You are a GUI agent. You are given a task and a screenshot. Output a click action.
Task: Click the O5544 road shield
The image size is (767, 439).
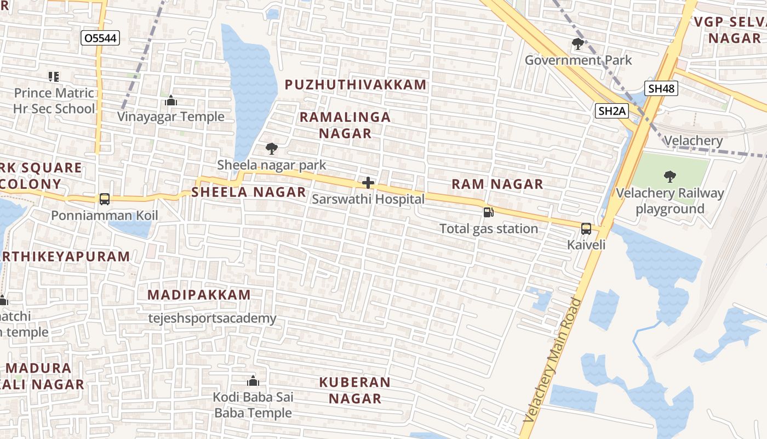pos(100,38)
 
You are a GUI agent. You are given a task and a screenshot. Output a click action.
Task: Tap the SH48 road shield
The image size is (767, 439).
pos(661,88)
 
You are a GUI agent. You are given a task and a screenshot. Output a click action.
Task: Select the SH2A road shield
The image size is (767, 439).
pos(611,111)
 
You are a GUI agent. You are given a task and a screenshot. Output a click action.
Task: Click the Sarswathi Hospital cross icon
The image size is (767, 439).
pos(368,183)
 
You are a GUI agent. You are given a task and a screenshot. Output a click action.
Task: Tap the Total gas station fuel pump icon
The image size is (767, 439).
pos(488,212)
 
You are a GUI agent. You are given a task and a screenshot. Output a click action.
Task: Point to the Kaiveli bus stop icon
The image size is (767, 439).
pos(586,228)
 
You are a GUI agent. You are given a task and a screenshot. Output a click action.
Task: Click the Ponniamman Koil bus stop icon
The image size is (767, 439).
pos(105,199)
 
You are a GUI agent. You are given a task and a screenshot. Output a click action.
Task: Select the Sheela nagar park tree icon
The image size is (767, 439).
pos(271,148)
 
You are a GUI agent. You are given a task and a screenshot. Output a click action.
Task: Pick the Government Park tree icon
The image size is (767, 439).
pos(577,44)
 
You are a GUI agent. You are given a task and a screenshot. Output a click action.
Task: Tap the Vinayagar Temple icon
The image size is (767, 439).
pos(171,100)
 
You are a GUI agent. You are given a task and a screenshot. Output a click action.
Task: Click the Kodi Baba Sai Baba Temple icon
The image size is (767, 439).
pos(253,380)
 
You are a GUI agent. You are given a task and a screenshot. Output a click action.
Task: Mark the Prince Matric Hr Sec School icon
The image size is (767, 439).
pos(54,76)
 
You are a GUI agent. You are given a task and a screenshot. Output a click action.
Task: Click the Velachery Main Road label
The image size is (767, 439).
pos(552,359)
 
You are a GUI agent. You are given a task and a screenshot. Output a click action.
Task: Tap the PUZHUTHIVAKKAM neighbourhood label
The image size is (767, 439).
pos(356,85)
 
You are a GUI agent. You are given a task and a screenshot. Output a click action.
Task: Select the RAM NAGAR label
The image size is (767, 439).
pos(497,184)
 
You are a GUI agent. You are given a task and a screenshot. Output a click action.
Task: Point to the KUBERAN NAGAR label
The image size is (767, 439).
pos(355,390)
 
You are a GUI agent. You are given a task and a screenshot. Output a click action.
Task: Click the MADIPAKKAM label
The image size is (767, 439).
pos(199,295)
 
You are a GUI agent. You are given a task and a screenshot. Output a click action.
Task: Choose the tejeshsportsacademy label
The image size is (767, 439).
pos(213,318)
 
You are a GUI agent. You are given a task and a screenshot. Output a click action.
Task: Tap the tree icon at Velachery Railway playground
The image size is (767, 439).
pos(669,176)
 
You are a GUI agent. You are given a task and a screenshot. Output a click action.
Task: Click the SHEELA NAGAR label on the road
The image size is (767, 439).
pos(248,192)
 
